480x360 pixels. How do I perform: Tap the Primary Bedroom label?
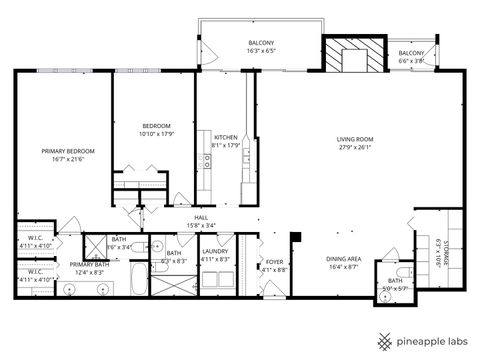click(x=67, y=151)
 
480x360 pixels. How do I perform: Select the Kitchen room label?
click(x=226, y=137)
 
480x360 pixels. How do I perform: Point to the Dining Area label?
click(x=344, y=259)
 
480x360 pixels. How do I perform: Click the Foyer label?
click(x=274, y=262)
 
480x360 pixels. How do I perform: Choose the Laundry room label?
click(x=215, y=252)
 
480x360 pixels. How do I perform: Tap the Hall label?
click(x=201, y=218)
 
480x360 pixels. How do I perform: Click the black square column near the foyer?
click(x=296, y=236)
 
